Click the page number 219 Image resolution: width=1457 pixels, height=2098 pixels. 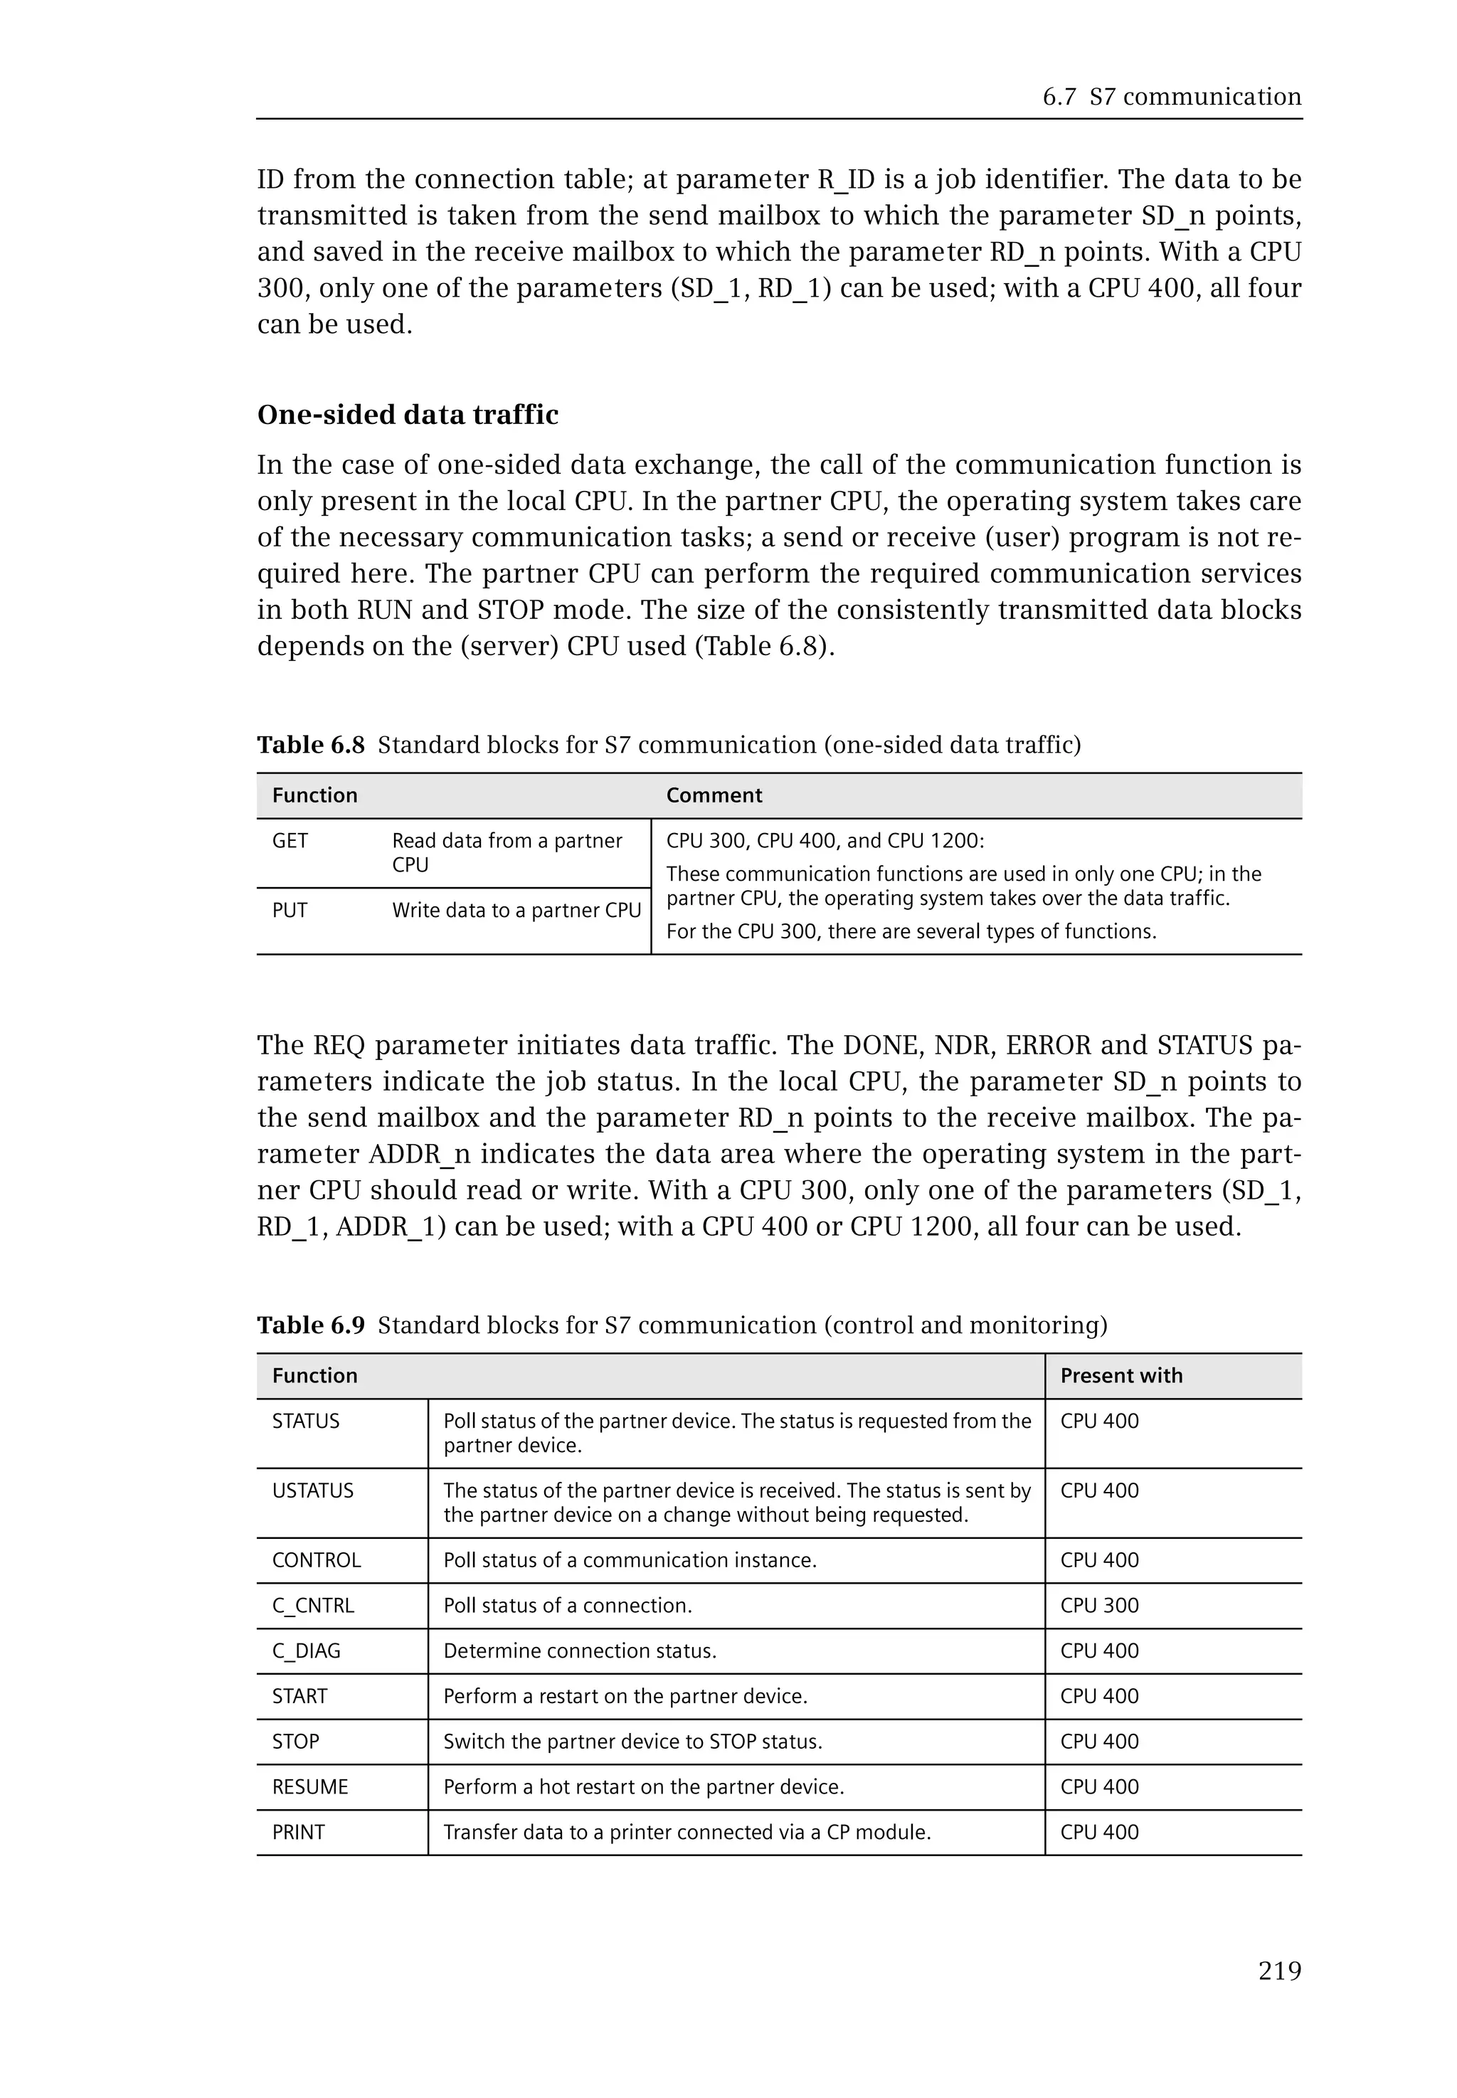pos(1279,1971)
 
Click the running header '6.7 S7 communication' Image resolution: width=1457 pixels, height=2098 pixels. pos(1171,97)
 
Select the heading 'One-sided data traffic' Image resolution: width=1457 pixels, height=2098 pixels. pos(407,415)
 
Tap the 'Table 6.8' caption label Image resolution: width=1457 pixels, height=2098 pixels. pos(310,745)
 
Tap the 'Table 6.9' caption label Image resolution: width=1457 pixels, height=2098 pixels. pos(310,1325)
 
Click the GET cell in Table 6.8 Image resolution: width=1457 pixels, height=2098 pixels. pos(290,841)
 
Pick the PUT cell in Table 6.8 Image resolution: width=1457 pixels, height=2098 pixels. pos(290,910)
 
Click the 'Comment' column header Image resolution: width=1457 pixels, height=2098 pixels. pos(714,795)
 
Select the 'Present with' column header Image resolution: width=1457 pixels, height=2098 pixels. pos(1121,1376)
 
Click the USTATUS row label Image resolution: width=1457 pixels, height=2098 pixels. pos(312,1491)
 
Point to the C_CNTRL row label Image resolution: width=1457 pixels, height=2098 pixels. pos(312,1606)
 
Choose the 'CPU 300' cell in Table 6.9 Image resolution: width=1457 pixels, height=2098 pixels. pos(1099,1606)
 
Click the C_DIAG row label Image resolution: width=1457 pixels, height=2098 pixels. pos(306,1651)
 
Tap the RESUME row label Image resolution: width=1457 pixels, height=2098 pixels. pos(309,1786)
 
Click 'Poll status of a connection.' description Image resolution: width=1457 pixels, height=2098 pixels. pos(567,1606)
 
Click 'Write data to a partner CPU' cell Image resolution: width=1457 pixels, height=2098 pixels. pos(516,910)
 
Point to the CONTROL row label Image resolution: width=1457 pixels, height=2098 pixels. pos(316,1560)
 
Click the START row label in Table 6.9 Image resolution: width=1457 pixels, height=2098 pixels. pos(300,1696)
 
